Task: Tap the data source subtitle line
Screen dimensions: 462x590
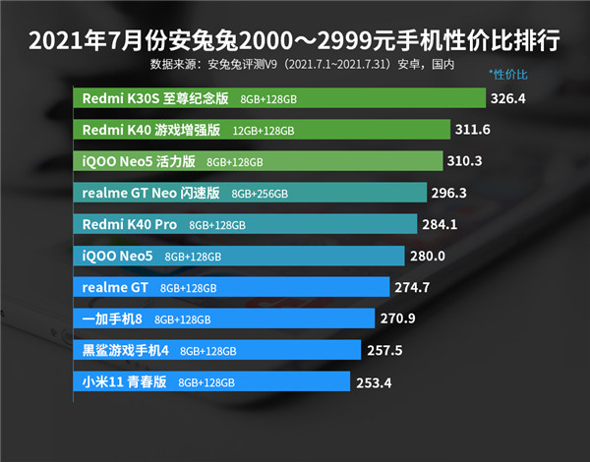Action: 302,66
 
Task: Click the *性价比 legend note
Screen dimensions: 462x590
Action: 508,75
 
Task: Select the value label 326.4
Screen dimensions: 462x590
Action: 509,98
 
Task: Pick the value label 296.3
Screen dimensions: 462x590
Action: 447,193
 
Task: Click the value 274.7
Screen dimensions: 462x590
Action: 413,287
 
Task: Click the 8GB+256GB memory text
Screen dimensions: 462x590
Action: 260,194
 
